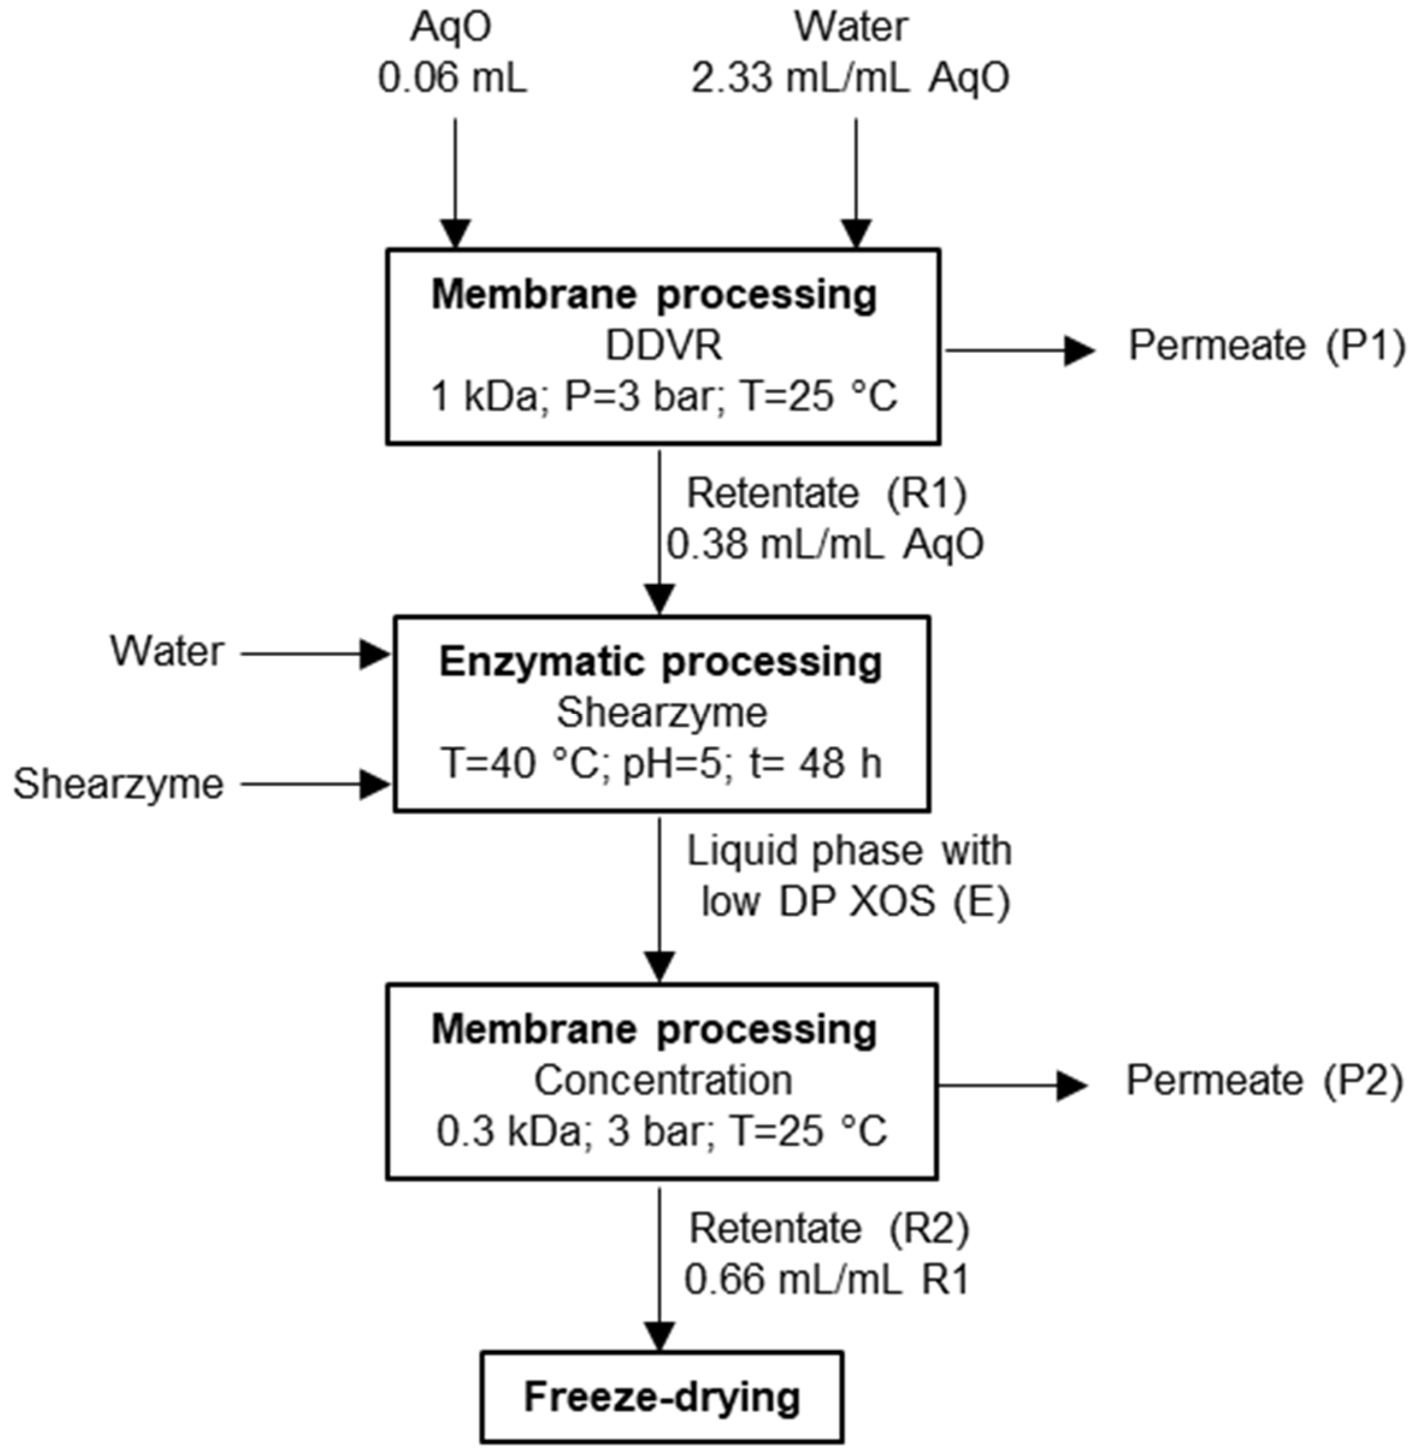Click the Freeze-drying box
[x=662, y=1397]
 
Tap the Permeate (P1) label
[x=1266, y=346]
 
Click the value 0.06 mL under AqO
[x=452, y=78]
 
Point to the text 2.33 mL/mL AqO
[x=850, y=78]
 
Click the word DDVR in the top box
[x=663, y=346]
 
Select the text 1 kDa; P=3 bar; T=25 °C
[x=663, y=396]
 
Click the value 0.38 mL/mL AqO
[x=825, y=545]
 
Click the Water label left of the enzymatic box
[x=167, y=652]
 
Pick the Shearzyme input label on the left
[x=119, y=784]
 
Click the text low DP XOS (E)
[x=855, y=902]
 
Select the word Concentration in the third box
[x=663, y=1080]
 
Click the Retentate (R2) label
[x=828, y=1229]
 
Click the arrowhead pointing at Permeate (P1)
[x=1079, y=349]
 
